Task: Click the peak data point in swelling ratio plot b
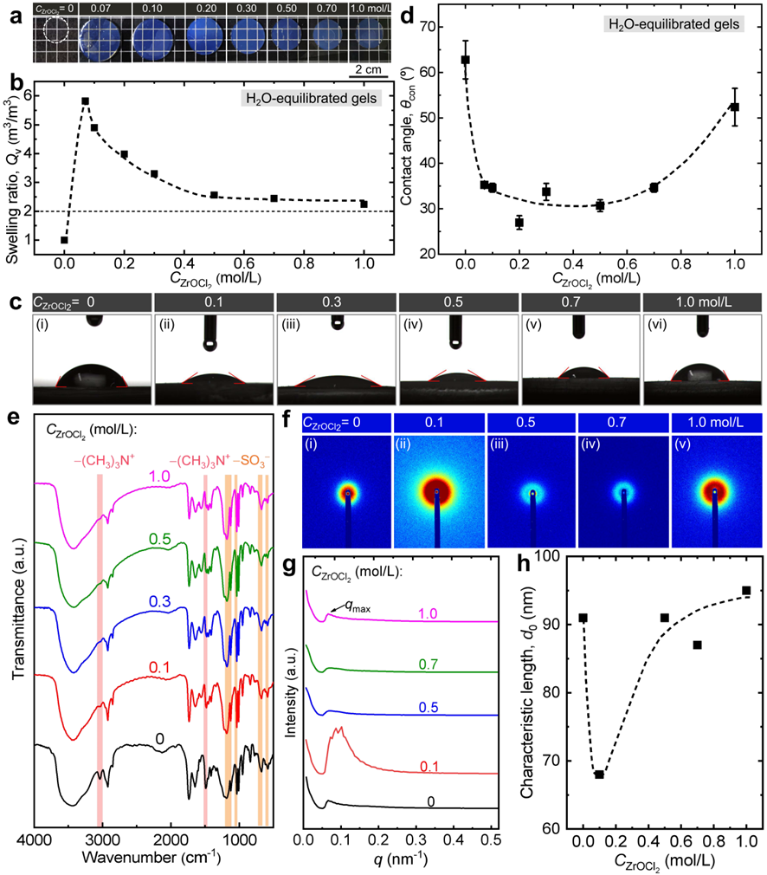pos(85,101)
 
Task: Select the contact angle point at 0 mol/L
pos(466,60)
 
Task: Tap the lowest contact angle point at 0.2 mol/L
pos(519,223)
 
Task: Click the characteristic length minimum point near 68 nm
pos(599,774)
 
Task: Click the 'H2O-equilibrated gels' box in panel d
pos(672,24)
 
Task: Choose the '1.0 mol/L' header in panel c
pos(699,302)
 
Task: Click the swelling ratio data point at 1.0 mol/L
pos(364,204)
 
